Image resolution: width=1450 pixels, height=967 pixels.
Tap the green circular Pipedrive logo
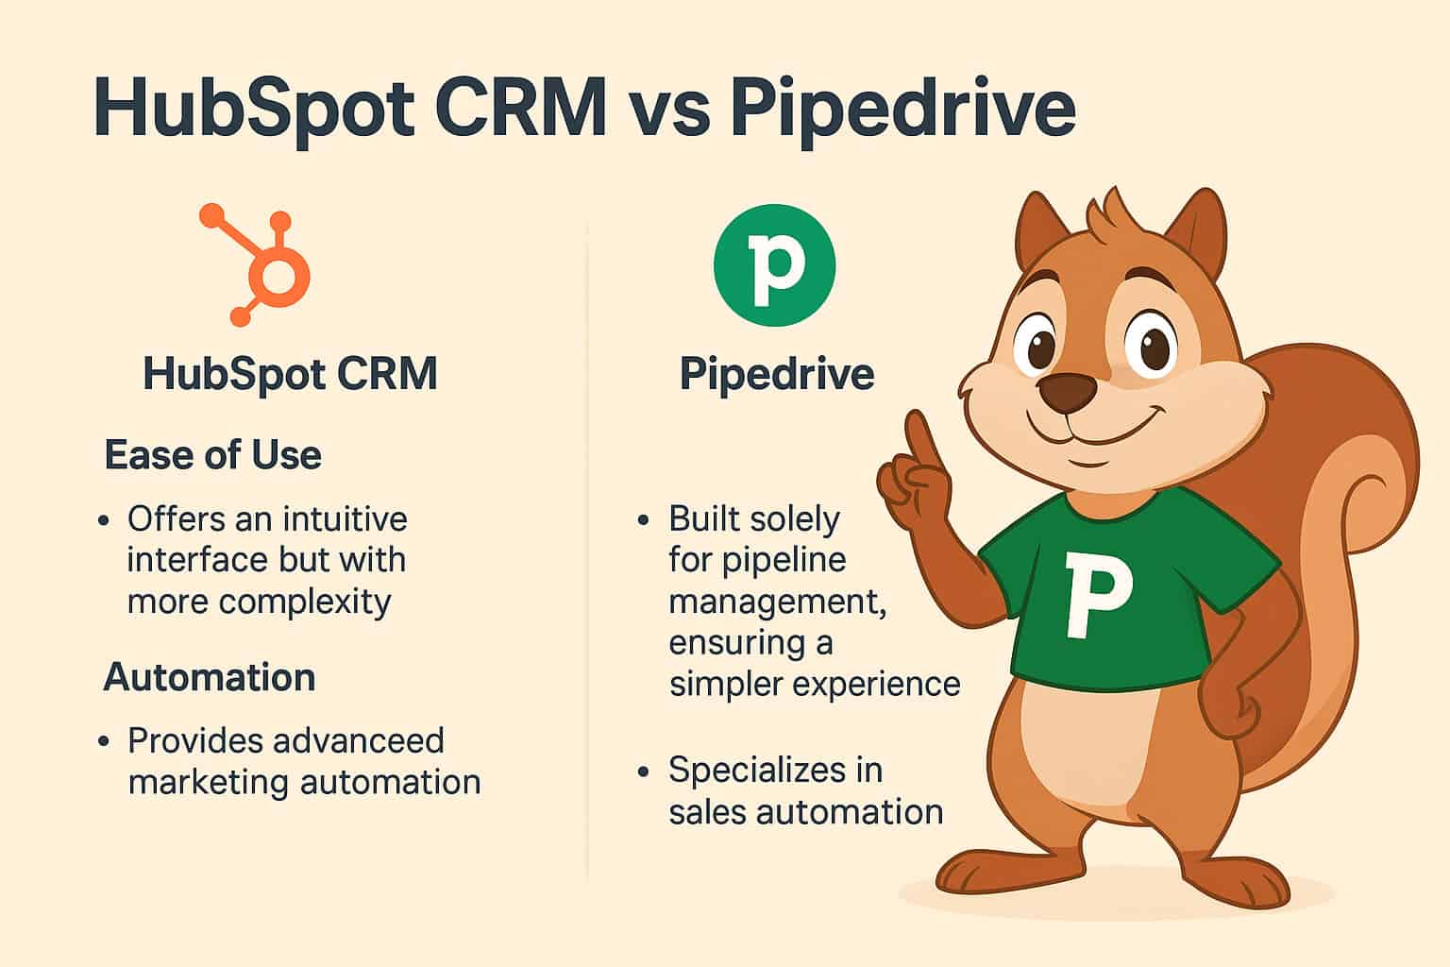pyautogui.click(x=774, y=264)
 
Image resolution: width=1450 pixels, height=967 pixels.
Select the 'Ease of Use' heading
pyautogui.click(x=212, y=455)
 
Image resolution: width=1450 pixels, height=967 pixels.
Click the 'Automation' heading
pyautogui.click(x=210, y=677)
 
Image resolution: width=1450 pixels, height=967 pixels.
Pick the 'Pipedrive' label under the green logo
pyautogui.click(x=777, y=374)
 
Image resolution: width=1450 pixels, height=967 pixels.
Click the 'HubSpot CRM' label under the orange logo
pyautogui.click(x=290, y=374)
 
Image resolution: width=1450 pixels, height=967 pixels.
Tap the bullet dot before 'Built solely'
pyautogui.click(x=644, y=520)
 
